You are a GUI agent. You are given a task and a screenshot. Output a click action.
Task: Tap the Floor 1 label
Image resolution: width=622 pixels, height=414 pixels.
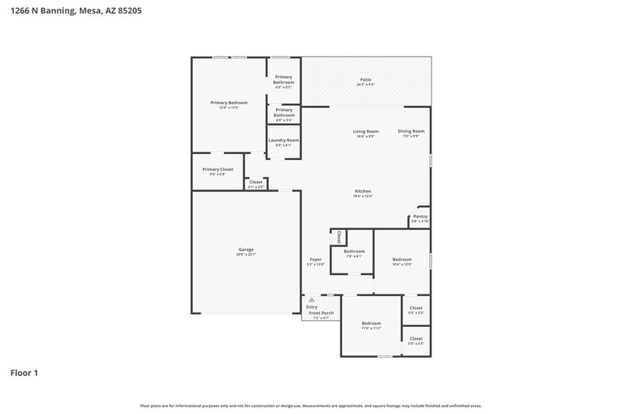[24, 373]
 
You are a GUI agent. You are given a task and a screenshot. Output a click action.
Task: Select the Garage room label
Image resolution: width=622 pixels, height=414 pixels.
[246, 249]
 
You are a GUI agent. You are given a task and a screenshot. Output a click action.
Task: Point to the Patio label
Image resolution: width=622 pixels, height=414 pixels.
[365, 80]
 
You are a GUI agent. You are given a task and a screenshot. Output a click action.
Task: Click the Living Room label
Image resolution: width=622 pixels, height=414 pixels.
[365, 131]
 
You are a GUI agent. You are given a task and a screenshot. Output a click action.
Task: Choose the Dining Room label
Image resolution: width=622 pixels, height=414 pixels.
[411, 131]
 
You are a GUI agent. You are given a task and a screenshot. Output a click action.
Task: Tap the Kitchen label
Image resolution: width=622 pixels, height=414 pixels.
[363, 191]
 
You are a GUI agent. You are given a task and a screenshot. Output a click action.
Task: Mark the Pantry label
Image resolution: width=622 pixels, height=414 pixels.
[420, 217]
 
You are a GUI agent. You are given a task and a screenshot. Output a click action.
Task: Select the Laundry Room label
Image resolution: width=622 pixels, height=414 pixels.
[283, 140]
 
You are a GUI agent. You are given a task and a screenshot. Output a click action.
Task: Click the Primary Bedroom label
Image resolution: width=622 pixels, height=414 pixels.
[229, 103]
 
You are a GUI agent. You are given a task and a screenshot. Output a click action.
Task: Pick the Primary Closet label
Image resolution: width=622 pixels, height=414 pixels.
[217, 169]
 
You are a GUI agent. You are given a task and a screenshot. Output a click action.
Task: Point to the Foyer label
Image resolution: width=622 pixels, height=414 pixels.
[316, 259]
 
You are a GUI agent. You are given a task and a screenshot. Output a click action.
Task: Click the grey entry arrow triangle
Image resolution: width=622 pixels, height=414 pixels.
[311, 299]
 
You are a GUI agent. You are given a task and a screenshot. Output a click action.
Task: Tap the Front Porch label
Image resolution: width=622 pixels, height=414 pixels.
[321, 313]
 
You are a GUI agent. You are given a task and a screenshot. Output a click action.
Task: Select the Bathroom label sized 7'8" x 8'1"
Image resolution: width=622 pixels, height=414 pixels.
[355, 251]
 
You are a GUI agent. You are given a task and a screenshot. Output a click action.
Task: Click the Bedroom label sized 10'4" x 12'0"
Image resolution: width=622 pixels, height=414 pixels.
[402, 259]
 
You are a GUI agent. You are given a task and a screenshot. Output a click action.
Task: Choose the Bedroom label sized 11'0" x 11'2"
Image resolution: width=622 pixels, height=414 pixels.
[371, 323]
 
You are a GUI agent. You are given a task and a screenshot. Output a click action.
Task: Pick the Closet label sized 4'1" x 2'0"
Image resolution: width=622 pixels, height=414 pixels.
[256, 182]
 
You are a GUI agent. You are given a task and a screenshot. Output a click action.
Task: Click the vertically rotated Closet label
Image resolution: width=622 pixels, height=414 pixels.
[339, 237]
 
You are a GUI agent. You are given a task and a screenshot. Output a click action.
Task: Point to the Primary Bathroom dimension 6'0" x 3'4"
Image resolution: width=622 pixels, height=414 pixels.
[284, 120]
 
